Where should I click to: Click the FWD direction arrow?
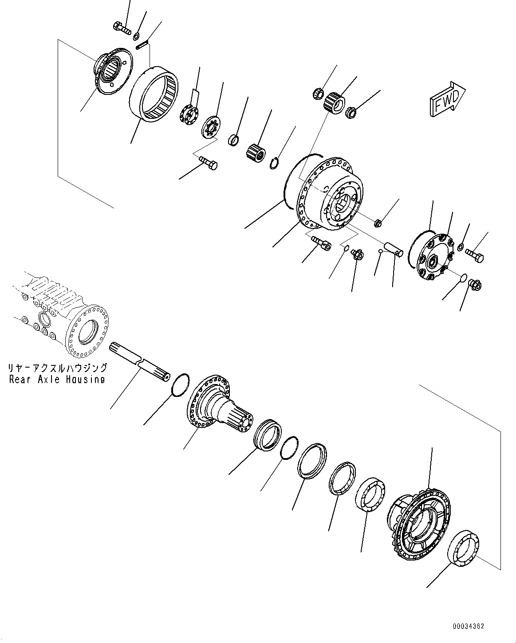click(446, 100)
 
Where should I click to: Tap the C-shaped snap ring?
click(276, 163)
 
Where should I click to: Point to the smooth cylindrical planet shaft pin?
click(394, 248)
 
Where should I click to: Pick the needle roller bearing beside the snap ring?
click(255, 150)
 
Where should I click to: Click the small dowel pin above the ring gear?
click(142, 45)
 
